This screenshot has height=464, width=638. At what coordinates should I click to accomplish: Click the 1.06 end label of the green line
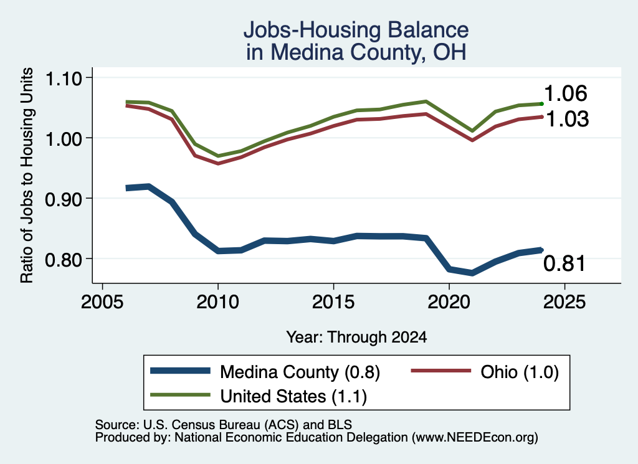coord(565,93)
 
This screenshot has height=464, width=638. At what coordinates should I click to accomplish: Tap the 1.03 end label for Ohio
coord(567,119)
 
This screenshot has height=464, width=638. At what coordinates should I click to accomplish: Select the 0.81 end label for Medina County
coord(564,263)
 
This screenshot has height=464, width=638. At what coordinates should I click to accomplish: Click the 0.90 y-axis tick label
coord(64,199)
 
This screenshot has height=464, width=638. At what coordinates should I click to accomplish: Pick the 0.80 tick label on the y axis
coord(64,260)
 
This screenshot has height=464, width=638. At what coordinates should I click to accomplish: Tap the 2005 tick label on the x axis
coord(102,302)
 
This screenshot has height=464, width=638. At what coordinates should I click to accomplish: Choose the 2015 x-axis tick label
coord(333,302)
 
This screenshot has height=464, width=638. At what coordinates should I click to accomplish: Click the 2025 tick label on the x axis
coord(564,302)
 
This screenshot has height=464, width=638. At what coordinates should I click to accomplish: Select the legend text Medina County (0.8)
coord(300,372)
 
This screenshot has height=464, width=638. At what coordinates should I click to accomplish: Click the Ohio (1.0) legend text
coord(519,372)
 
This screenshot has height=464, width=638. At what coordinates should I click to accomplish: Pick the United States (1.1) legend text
coord(293,397)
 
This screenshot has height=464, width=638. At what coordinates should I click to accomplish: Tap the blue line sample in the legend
coord(180,371)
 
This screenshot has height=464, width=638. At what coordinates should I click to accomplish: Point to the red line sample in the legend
coord(440,371)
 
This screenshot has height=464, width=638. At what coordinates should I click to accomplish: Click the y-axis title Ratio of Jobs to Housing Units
coord(27,175)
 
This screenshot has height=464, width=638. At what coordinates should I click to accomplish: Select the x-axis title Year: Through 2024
coord(356,337)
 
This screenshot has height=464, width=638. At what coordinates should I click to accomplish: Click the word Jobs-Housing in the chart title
coord(312,30)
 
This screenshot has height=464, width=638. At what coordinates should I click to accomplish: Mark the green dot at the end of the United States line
coord(541,104)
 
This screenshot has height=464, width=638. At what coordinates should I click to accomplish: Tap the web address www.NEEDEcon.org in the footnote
coord(474,438)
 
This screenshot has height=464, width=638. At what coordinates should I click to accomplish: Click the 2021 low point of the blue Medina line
coord(472,273)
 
